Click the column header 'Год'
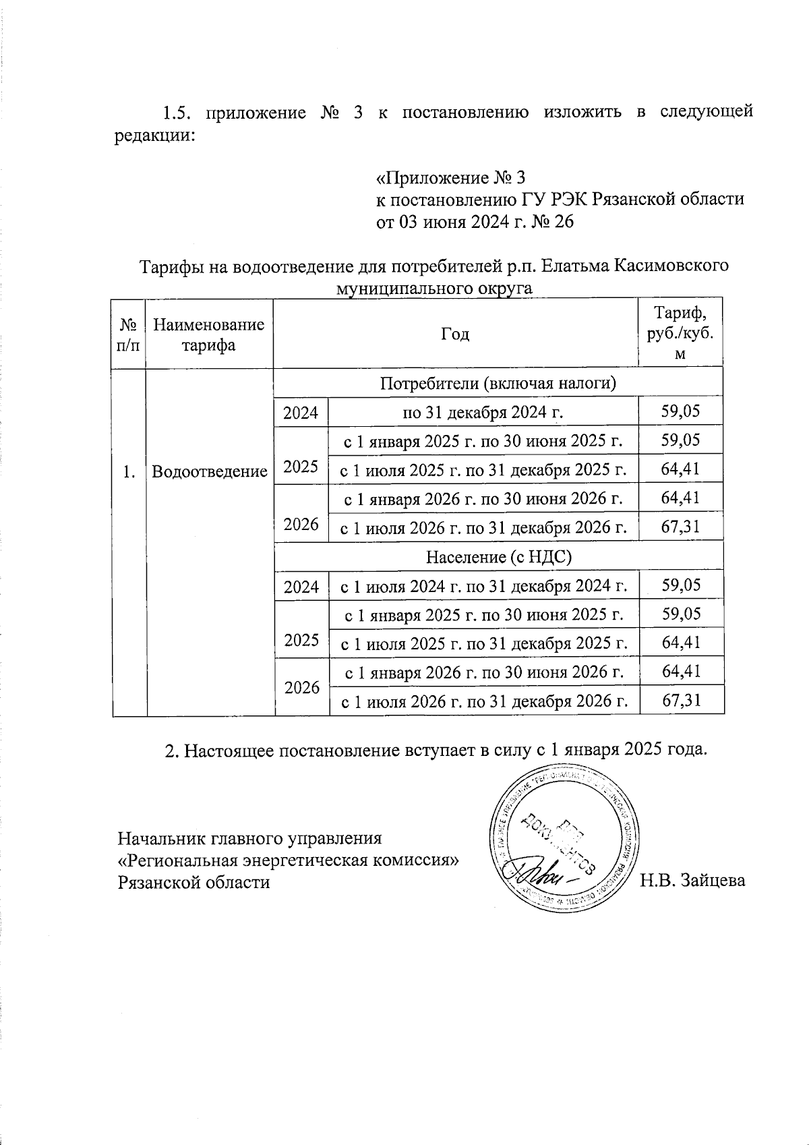click(x=455, y=334)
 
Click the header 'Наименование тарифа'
click(x=208, y=334)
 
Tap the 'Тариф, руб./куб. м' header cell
click(x=680, y=333)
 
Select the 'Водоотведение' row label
click(x=210, y=471)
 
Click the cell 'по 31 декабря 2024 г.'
click(x=482, y=412)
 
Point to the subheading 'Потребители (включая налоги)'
click(x=498, y=384)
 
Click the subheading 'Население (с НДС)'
click(x=498, y=557)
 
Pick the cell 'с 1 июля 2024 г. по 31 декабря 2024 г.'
click(x=482, y=586)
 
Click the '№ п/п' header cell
click(x=128, y=334)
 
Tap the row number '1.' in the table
click(x=129, y=471)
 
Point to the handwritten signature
click(x=539, y=877)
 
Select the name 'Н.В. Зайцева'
click(x=692, y=880)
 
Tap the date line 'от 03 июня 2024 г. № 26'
click(x=474, y=222)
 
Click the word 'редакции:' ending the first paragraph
click(x=154, y=134)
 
